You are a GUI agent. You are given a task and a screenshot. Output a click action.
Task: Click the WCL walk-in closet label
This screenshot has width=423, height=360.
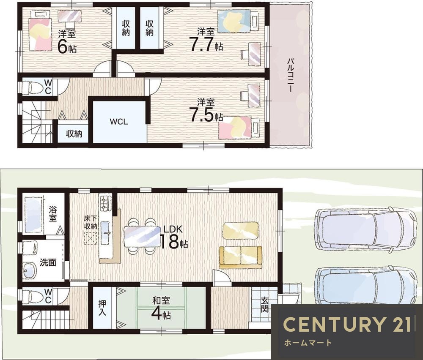(119, 122)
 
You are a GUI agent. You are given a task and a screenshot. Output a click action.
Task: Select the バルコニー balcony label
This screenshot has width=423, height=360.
(290, 75)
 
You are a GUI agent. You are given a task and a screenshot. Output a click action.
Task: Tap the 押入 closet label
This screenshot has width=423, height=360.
(102, 308)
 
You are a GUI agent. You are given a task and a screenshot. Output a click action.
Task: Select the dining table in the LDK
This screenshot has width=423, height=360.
(142, 236)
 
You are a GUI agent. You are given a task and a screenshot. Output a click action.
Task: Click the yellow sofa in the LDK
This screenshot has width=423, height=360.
(240, 257)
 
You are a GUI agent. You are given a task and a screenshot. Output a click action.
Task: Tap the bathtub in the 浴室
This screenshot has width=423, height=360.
(34, 215)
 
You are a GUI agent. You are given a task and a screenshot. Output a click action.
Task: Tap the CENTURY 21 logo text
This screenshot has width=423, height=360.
(348, 324)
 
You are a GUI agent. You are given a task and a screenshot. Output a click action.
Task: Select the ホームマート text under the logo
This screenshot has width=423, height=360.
(308, 343)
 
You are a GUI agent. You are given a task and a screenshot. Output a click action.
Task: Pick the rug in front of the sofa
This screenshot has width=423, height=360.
(240, 231)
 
